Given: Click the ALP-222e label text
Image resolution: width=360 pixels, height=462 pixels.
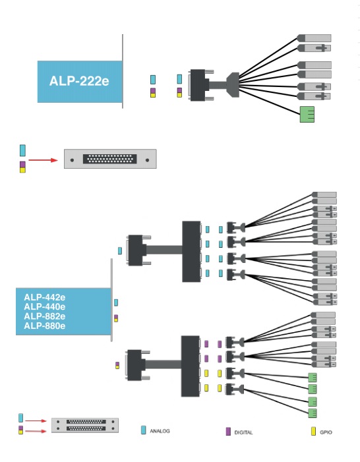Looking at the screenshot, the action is (79, 81).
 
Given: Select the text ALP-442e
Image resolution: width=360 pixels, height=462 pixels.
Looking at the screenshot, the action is (45, 297).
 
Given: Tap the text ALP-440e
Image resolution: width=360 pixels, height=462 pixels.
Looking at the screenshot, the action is (45, 306).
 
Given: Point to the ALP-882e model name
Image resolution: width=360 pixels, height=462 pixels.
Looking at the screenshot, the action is (45, 316).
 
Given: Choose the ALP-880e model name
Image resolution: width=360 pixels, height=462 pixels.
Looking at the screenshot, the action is (45, 326).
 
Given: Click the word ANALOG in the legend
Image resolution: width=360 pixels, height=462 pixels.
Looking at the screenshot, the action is (160, 431).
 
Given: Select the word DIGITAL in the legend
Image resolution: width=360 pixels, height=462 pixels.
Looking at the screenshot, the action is (243, 432).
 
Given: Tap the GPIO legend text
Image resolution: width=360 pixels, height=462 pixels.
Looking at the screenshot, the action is (326, 432).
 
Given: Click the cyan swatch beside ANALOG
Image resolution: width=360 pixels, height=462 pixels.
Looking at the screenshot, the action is (143, 430).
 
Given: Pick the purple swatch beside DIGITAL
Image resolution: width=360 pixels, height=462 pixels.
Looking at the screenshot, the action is (228, 432).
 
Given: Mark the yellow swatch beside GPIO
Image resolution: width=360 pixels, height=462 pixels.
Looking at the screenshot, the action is (313, 432).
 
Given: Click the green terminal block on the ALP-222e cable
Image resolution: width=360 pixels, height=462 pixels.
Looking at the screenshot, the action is (307, 114).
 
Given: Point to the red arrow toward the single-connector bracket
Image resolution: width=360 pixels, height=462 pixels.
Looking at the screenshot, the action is (43, 160).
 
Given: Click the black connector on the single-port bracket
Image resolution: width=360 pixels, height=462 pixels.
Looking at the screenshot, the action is (109, 159).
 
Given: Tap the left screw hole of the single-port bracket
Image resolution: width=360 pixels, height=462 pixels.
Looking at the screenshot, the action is (73, 160).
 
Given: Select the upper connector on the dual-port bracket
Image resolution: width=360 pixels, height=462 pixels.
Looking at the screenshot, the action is (86, 422).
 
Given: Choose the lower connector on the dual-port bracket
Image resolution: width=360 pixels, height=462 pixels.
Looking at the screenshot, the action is (86, 428).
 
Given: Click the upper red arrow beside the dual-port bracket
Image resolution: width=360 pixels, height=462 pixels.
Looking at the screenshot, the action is (36, 420).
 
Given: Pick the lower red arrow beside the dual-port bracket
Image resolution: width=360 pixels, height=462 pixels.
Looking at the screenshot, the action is (36, 432).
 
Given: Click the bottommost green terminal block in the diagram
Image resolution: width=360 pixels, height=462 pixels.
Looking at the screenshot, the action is (313, 413).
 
